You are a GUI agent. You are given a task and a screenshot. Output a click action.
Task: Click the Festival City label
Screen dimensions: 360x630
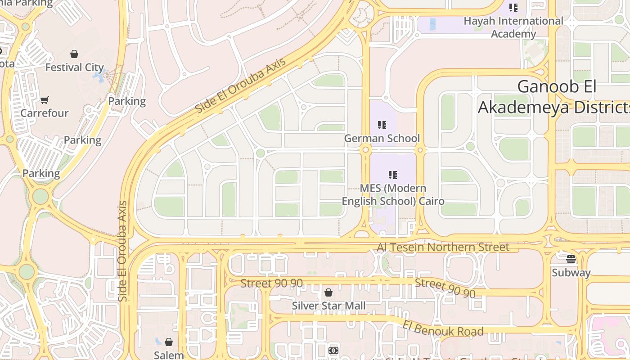[75, 68]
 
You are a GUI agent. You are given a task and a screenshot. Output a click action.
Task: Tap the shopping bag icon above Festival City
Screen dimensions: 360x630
[74, 54]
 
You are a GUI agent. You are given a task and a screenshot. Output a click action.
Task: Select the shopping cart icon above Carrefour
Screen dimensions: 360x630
[44, 100]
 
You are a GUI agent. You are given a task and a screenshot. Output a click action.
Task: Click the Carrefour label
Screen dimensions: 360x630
[44, 113]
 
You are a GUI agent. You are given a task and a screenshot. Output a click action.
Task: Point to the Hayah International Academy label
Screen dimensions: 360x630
[513, 27]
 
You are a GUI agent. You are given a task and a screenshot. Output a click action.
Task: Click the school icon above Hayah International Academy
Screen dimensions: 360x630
[513, 8]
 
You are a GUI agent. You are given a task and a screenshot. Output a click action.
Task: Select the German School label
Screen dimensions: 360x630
[382, 139]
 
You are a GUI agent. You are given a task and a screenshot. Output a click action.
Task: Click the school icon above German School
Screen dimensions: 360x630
[382, 125]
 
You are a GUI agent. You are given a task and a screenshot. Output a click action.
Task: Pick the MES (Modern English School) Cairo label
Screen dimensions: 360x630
[393, 194]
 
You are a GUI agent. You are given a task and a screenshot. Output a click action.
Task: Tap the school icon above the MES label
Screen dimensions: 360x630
[393, 175]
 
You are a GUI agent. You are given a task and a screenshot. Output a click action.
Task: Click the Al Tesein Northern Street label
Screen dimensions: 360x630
[443, 247]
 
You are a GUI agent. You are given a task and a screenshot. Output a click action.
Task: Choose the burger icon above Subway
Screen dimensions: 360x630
[571, 259]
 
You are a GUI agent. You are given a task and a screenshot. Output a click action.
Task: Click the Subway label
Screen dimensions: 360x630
[571, 273]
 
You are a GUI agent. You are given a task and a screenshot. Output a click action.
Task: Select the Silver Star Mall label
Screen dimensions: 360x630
[328, 306]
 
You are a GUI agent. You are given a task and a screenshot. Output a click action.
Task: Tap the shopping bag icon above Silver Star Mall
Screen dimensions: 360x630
[328, 292]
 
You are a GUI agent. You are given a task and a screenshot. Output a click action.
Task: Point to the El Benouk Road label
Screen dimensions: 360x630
[443, 328]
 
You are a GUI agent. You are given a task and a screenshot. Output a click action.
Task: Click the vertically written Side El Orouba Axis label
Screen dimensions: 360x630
[123, 251]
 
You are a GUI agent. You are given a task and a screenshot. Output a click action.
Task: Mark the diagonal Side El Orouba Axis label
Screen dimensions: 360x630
[240, 86]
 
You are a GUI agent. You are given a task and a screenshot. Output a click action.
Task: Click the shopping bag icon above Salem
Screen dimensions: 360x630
[169, 342]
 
